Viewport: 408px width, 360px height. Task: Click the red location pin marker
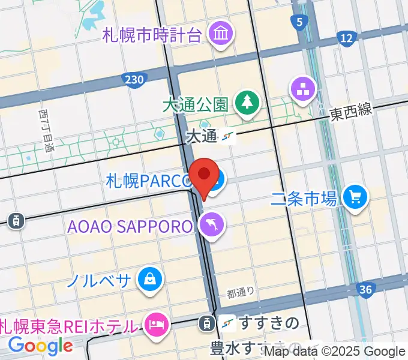(x=204, y=176)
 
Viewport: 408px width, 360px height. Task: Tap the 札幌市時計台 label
(x=152, y=34)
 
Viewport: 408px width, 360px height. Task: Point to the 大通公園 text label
(x=195, y=104)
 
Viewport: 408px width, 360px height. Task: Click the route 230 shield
(x=134, y=79)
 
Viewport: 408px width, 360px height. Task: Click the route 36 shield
(x=365, y=290)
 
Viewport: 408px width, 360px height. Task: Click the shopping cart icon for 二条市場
(x=355, y=196)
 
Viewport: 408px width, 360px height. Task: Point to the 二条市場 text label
(x=304, y=198)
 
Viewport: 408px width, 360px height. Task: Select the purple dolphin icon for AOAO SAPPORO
(x=212, y=226)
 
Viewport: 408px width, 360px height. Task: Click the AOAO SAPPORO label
(x=131, y=226)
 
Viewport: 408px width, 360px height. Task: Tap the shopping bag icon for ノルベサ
(x=148, y=278)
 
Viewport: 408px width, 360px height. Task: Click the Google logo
(x=40, y=346)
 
